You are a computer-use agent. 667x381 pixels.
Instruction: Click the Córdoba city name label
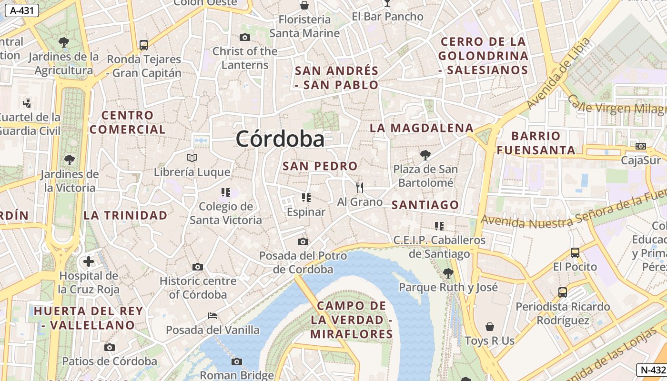[280, 139]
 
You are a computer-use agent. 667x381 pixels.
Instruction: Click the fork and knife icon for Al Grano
[360, 188]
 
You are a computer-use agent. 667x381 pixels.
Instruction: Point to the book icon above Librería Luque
[192, 158]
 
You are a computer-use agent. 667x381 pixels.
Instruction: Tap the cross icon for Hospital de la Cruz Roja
[89, 261]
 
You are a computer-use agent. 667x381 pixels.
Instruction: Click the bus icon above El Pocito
[575, 252]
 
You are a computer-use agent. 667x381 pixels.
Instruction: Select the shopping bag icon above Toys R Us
[490, 327]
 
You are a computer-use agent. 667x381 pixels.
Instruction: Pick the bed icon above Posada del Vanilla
[212, 316]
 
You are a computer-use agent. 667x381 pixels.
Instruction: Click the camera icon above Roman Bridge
[237, 361]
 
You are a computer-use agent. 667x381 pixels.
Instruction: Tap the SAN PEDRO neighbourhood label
[320, 166]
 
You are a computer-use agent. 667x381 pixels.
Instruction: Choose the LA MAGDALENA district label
[422, 128]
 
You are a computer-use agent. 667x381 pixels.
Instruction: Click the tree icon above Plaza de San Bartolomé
[425, 155]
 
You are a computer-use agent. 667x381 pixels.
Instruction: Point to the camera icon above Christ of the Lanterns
[245, 37]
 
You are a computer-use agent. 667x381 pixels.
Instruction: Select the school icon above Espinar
[306, 197]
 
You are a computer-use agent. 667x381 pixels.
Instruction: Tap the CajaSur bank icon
[641, 146]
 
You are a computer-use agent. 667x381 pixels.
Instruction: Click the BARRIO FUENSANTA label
[536, 143]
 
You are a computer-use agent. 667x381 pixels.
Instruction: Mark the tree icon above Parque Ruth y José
[448, 273]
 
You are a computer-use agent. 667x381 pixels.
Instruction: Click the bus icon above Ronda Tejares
[144, 45]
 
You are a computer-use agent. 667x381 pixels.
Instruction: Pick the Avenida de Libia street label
[558, 73]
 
